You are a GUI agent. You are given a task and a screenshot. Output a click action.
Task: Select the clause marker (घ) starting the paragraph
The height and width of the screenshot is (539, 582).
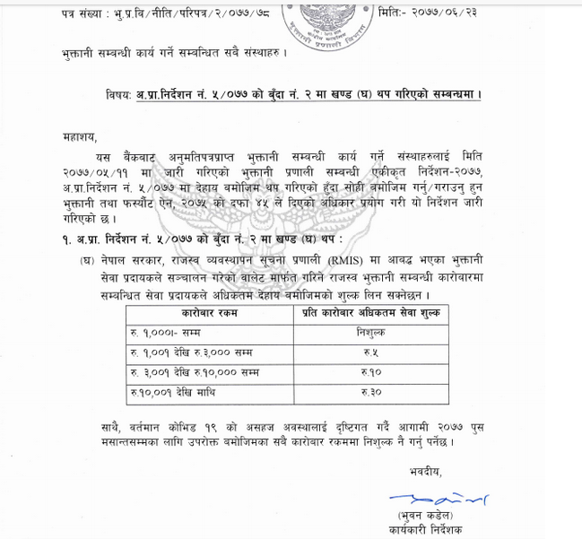(86, 258)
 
